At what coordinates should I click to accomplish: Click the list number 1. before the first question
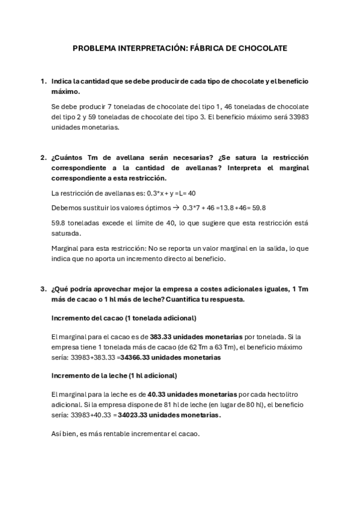(43, 81)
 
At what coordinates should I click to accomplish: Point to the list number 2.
(43, 158)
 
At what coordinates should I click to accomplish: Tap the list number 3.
(43, 287)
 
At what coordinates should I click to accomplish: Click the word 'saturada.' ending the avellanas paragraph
(67, 233)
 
